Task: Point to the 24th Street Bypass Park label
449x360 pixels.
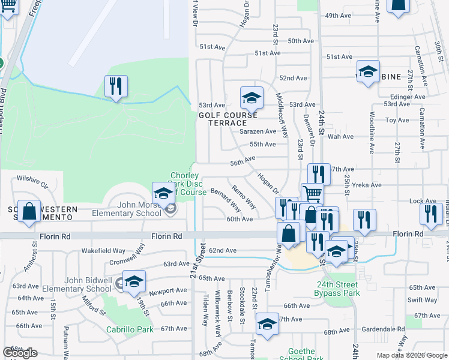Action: (x=337, y=289)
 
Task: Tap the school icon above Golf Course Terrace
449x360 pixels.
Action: (x=252, y=97)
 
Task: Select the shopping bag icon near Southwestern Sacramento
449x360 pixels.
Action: (x=29, y=211)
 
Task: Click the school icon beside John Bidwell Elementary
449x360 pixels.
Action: (x=134, y=281)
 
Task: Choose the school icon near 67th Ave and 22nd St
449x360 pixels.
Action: (x=267, y=324)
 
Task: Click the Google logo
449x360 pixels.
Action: (x=20, y=353)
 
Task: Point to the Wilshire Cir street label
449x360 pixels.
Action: (x=32, y=178)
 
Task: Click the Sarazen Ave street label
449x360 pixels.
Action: (x=258, y=131)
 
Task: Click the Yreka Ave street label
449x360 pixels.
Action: (x=366, y=185)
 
